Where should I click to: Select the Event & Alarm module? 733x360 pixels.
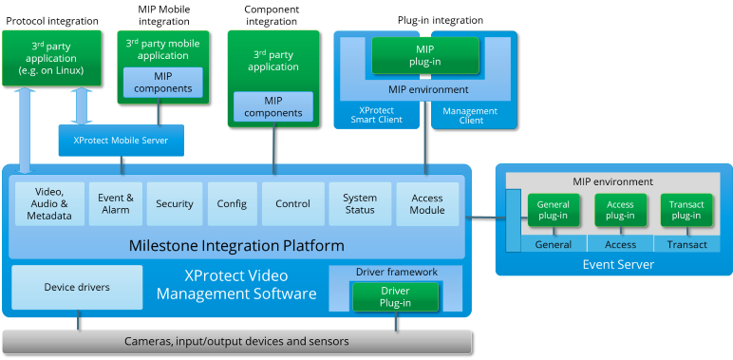[x=116, y=203]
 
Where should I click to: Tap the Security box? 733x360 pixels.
[x=175, y=203]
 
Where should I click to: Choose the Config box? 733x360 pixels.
[x=232, y=203]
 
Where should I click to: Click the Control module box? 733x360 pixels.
[x=292, y=203]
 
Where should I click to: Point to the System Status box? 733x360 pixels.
[x=360, y=203]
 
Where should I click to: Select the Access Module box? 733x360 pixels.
[x=427, y=203]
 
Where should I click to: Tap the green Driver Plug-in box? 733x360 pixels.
[x=395, y=296]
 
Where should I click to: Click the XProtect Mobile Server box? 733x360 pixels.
[x=121, y=140]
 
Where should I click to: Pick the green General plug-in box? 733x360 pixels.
[x=554, y=210]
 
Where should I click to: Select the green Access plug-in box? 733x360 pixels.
[x=620, y=210]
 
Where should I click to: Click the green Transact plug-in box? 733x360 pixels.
[x=686, y=210]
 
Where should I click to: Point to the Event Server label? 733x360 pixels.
[x=617, y=264]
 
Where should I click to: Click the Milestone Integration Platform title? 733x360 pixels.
[x=236, y=246]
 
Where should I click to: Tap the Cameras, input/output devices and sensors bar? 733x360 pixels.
[x=236, y=340]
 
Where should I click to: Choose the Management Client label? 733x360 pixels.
[x=471, y=116]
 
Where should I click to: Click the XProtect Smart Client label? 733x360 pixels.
[x=376, y=115]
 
